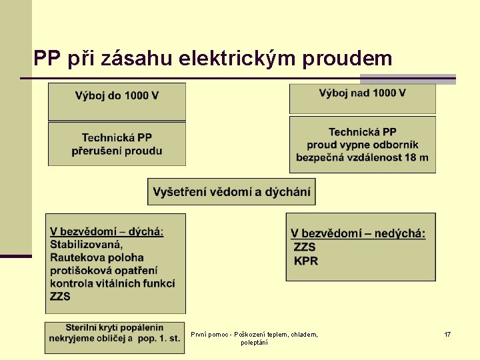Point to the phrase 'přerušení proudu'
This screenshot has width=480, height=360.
pos(117,151)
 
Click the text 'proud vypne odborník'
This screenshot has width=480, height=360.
pos(362,145)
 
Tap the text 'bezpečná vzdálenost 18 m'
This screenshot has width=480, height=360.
pos(362,158)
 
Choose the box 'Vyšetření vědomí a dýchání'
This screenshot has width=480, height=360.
pos(231,192)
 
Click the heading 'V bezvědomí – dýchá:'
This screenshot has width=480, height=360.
pos(107,232)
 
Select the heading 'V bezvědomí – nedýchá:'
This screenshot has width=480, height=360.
pos(358,233)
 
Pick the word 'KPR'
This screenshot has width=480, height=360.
pos(306,261)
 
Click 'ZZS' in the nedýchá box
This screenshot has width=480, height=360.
pos(305,247)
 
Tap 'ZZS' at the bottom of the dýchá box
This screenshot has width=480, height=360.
pos(60,296)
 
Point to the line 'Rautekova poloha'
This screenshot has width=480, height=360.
pos(97,257)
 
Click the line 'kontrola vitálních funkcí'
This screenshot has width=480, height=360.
pos(112,283)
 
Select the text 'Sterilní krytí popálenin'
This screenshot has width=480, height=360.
pos(114,328)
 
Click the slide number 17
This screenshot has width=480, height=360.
pos(447,334)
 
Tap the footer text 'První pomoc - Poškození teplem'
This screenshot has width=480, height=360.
pos(254,334)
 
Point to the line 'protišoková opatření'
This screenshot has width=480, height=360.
pos(103,270)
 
